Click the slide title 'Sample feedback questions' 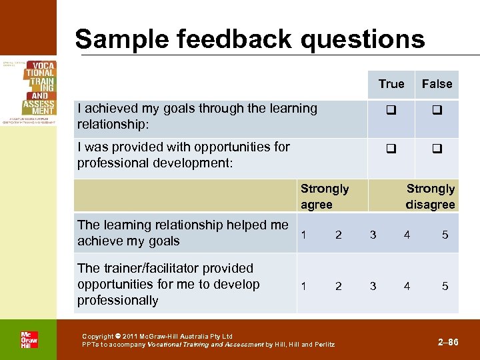coord(250,39)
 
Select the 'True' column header coord(391,84)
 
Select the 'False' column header coord(437,84)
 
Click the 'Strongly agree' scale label coord(324,197)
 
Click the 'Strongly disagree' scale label coord(430,197)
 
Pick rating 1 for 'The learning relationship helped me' coord(304,235)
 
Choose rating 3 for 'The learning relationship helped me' coord(373,235)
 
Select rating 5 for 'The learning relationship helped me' coord(445,235)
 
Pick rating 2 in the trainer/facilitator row coord(339,286)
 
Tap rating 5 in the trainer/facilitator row coord(445,286)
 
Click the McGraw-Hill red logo coord(29,339)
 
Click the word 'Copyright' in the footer coord(97,337)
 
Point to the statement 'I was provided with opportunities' coord(183,155)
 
